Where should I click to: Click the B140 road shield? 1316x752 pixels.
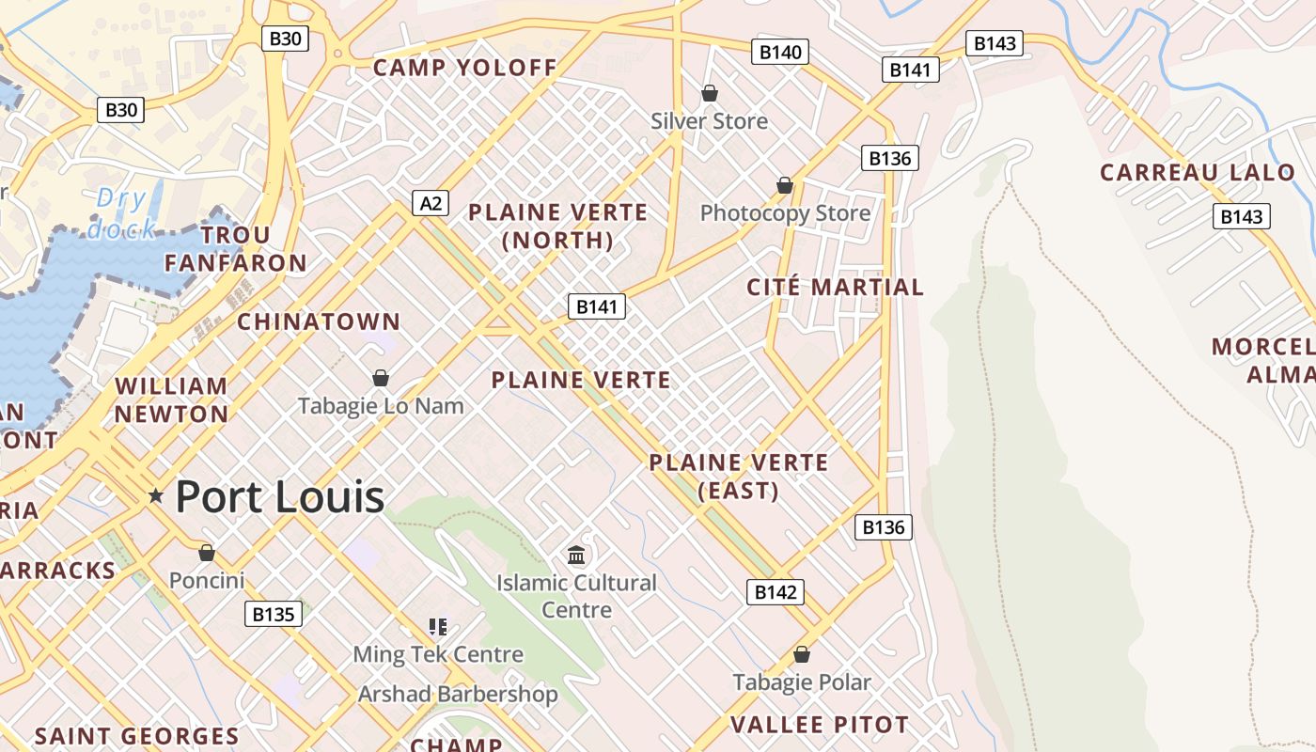pos(780,52)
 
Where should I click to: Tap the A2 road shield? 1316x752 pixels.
pos(431,203)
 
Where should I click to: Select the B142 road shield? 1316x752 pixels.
pos(775,592)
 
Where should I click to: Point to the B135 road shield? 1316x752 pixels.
pos(274,615)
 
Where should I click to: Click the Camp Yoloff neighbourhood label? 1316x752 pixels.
pos(465,68)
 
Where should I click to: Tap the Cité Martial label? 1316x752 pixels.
pos(836,287)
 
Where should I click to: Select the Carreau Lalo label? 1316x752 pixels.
pos(1198,173)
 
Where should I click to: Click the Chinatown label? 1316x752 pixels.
pos(319,321)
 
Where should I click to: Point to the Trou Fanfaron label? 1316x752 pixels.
pos(236,249)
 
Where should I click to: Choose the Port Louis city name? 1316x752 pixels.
pos(280,496)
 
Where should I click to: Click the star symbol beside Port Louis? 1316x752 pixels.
pos(156,495)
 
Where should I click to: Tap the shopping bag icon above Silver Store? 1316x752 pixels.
pos(710,93)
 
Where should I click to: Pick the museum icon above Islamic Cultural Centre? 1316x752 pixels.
pos(576,555)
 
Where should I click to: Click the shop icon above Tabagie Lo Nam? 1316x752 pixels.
pos(381,378)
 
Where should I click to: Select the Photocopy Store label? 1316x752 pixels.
pos(786,213)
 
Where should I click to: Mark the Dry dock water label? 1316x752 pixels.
pos(122,213)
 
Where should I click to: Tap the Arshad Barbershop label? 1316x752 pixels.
pos(458,695)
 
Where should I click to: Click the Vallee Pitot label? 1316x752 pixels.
pos(820,725)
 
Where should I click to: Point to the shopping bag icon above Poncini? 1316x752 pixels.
pos(207,552)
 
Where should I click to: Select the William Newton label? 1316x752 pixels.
pos(171,399)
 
